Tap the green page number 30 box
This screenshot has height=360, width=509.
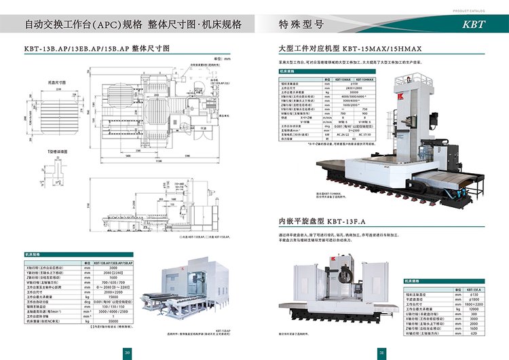tap(126, 352)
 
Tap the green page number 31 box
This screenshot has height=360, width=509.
tap(382, 352)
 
